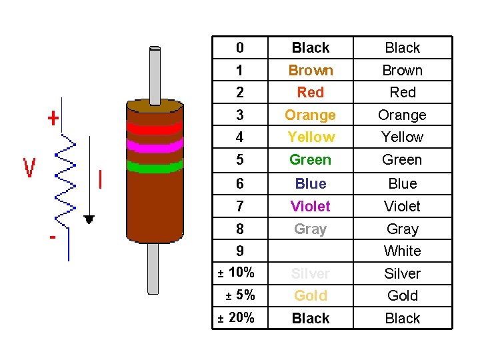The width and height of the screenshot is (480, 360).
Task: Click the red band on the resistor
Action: pos(154,127)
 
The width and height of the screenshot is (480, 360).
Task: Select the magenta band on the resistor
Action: pos(154,145)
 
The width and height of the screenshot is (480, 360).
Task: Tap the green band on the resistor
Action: pos(154,167)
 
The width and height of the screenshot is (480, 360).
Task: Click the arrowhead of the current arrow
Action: pos(89,219)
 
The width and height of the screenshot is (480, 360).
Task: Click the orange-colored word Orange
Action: pos(310,115)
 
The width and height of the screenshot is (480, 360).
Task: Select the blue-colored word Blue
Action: pos(310,184)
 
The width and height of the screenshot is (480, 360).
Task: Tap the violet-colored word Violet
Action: pos(310,207)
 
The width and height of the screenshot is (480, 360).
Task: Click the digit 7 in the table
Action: pos(240,207)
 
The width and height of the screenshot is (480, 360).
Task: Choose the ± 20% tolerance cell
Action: pos(237,318)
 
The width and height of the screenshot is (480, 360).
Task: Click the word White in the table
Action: pos(402,251)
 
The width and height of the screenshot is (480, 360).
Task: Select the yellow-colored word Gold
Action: pos(310,296)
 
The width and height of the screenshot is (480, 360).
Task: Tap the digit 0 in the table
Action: pos(240,48)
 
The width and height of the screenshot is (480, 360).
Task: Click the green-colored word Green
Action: pos(310,160)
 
